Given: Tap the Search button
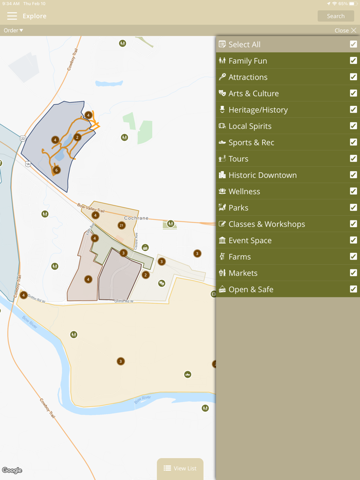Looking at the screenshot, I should click(x=335, y=16).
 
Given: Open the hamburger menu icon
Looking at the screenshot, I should click(x=12, y=16).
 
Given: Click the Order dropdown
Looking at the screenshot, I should click(x=13, y=30).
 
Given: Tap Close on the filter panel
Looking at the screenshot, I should click(x=345, y=30).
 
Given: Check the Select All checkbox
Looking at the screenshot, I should click(x=353, y=44).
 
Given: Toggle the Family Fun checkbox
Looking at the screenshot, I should click(x=353, y=61).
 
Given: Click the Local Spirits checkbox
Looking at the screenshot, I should click(x=353, y=126).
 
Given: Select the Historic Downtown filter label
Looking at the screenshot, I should click(x=262, y=175).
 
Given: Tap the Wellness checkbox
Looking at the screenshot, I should click(x=353, y=191).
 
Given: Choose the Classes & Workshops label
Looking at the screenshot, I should click(x=266, y=224).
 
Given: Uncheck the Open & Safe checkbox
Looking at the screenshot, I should click(x=353, y=289).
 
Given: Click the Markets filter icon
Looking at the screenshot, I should click(x=222, y=273).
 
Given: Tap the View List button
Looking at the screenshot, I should click(x=180, y=468).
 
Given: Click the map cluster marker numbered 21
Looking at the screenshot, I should click(x=121, y=225).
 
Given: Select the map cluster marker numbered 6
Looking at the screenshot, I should click(x=57, y=170).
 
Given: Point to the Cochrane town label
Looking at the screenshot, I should click(x=136, y=218).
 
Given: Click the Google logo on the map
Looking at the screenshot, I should click(x=12, y=470).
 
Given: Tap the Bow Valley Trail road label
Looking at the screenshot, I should click(x=91, y=208).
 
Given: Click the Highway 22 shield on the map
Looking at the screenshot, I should click(x=23, y=139).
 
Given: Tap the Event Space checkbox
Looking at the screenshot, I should click(x=353, y=241).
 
